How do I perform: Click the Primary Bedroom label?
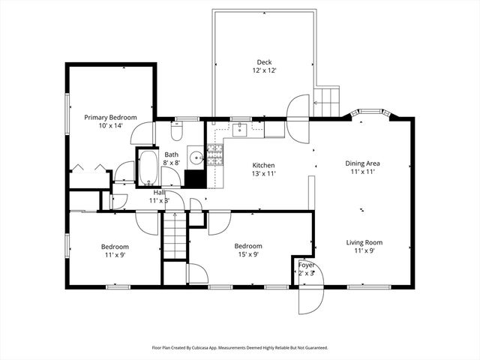[110, 117]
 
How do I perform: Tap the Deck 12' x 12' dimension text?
[263, 71]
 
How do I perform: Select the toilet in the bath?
[176, 132]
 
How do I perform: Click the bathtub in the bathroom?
[148, 168]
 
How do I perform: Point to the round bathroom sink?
[195, 157]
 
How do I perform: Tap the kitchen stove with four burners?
[215, 156]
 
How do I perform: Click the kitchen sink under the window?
[240, 131]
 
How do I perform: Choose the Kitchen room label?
[263, 166]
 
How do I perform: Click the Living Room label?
[364, 242]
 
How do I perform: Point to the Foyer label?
[306, 265]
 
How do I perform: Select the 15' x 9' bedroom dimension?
[248, 255]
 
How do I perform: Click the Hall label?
[159, 192]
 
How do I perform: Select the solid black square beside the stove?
[194, 179]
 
